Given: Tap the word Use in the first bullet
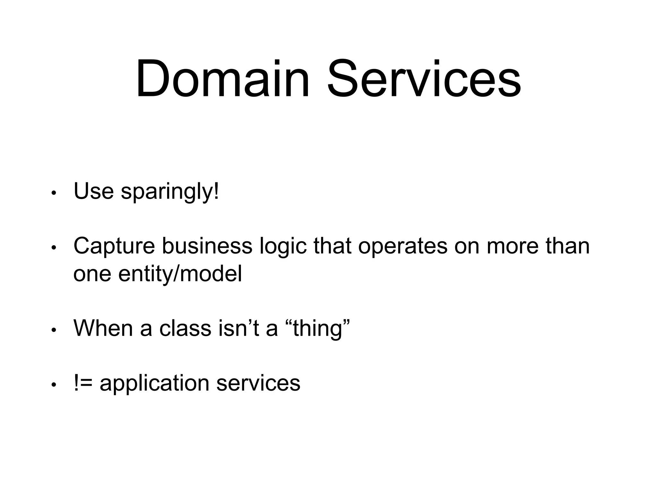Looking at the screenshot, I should (93, 191).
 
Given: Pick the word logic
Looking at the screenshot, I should (283, 247).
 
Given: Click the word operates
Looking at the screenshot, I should (403, 247).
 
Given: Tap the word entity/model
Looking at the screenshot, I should (180, 274).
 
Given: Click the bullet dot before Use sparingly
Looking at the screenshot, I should (54, 194).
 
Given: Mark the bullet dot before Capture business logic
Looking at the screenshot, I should (54, 248).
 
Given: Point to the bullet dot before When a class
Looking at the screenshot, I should (54, 330).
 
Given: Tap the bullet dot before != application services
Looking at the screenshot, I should (54, 385).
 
